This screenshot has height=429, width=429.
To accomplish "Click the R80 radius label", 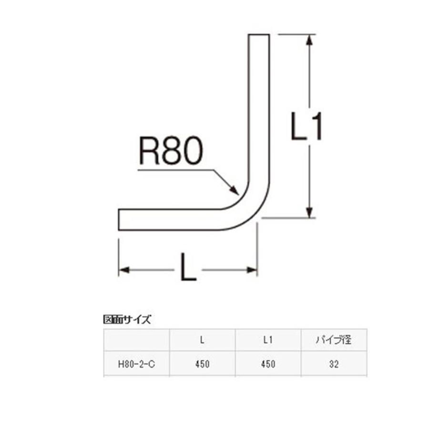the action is click(x=171, y=151).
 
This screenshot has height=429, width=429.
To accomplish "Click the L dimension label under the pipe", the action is click(x=188, y=267).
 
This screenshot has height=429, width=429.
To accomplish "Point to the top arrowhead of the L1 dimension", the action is click(x=309, y=40).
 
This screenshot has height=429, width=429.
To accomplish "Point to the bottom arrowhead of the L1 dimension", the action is click(x=309, y=213).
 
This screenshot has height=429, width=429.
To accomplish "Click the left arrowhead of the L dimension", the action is click(x=124, y=270).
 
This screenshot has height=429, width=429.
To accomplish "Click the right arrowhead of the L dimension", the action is click(x=252, y=270).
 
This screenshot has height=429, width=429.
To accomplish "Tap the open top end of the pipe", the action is click(x=259, y=34).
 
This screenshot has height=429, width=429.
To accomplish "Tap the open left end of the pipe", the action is click(x=119, y=219).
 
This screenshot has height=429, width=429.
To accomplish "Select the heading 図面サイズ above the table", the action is click(x=127, y=319).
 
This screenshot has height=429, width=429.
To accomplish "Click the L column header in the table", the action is click(x=202, y=340).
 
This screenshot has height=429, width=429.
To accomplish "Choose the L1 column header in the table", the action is click(x=268, y=340).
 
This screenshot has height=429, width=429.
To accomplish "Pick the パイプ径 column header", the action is click(x=334, y=340).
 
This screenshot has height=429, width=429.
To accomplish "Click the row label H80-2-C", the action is click(x=136, y=364).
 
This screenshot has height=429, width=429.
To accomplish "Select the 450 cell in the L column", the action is click(x=202, y=364).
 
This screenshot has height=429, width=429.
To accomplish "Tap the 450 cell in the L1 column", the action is click(x=268, y=364).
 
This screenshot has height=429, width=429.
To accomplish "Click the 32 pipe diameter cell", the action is click(x=334, y=364).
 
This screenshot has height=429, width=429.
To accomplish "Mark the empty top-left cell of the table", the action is click(x=136, y=340).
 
